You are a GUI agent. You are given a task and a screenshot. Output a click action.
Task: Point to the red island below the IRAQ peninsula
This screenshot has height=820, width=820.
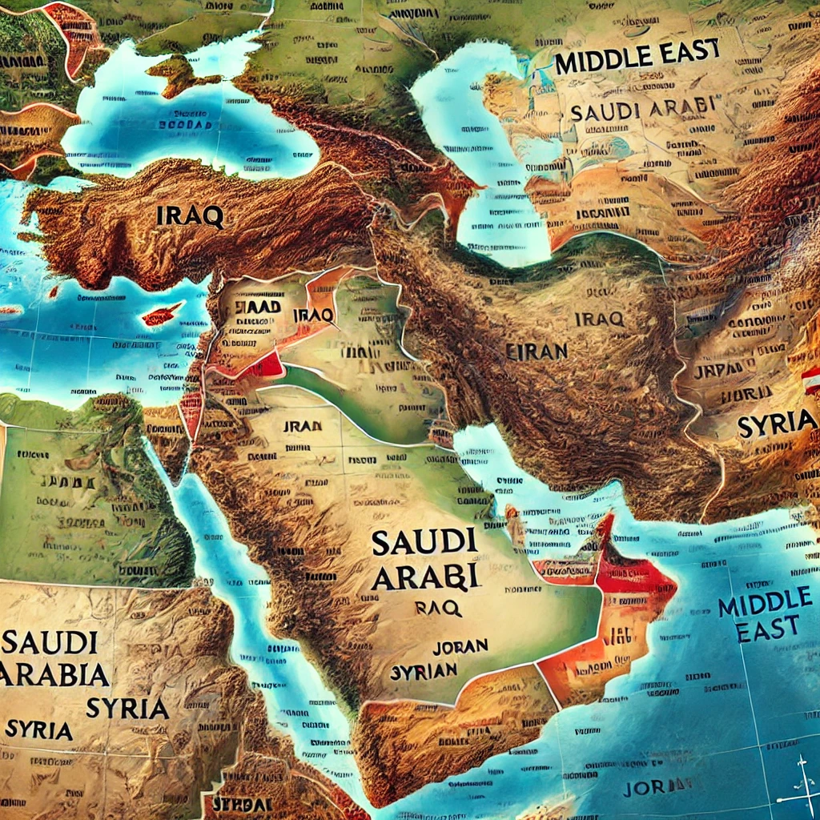(x=163, y=315)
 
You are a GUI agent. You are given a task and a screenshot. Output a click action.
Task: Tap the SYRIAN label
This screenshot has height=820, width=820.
(x=424, y=671)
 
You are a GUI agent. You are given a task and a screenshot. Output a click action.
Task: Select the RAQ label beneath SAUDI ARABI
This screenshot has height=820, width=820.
(x=438, y=608)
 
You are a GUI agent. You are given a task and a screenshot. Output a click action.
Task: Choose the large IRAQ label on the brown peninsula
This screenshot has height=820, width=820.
(x=191, y=215)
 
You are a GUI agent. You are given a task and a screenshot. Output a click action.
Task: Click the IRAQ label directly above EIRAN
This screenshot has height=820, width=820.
(x=599, y=319)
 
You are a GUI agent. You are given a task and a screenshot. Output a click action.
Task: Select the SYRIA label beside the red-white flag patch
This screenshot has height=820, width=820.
(x=774, y=426)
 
